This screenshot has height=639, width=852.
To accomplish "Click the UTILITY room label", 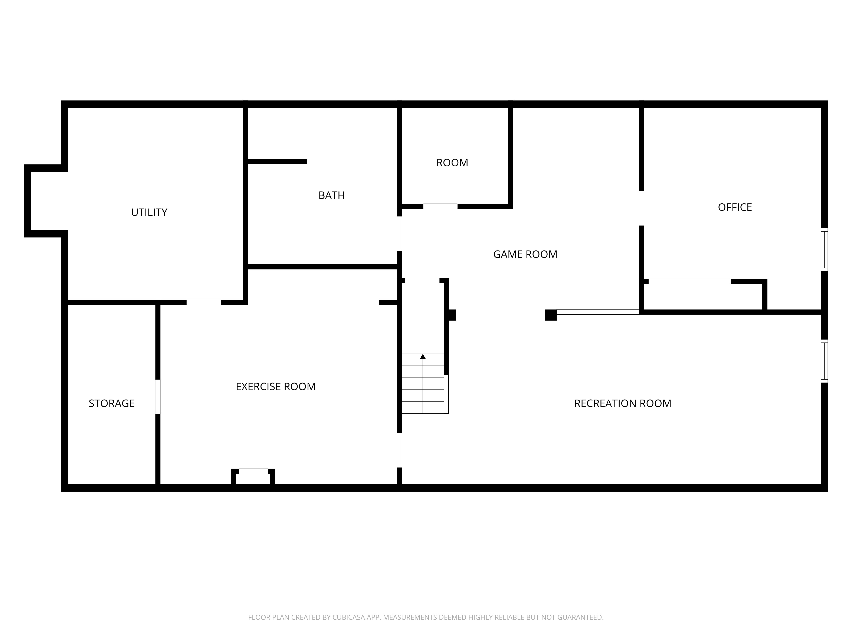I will click(x=149, y=212).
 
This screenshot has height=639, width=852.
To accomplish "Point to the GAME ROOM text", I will click(x=525, y=254).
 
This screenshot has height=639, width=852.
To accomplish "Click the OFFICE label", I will click(x=734, y=207).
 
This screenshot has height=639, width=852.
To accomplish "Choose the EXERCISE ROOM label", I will click(x=275, y=386).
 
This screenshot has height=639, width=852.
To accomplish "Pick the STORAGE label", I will click(x=111, y=403).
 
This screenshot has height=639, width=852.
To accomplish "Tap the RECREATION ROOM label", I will click(x=622, y=403).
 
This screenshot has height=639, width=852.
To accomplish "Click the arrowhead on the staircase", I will click(x=423, y=357).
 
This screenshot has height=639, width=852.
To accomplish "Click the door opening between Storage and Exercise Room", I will click(x=158, y=397).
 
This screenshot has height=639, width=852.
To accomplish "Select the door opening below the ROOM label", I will click(x=440, y=206).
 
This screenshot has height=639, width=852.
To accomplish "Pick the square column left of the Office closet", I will click(x=550, y=315).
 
